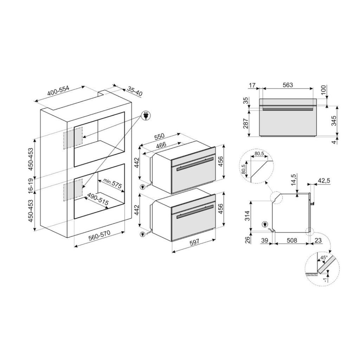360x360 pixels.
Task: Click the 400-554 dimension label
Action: pos(58,92)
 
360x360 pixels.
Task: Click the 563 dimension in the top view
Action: pos(288,85)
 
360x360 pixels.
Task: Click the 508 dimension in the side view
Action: pos(292,240)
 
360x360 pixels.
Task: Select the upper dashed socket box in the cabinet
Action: pos(73,138)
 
